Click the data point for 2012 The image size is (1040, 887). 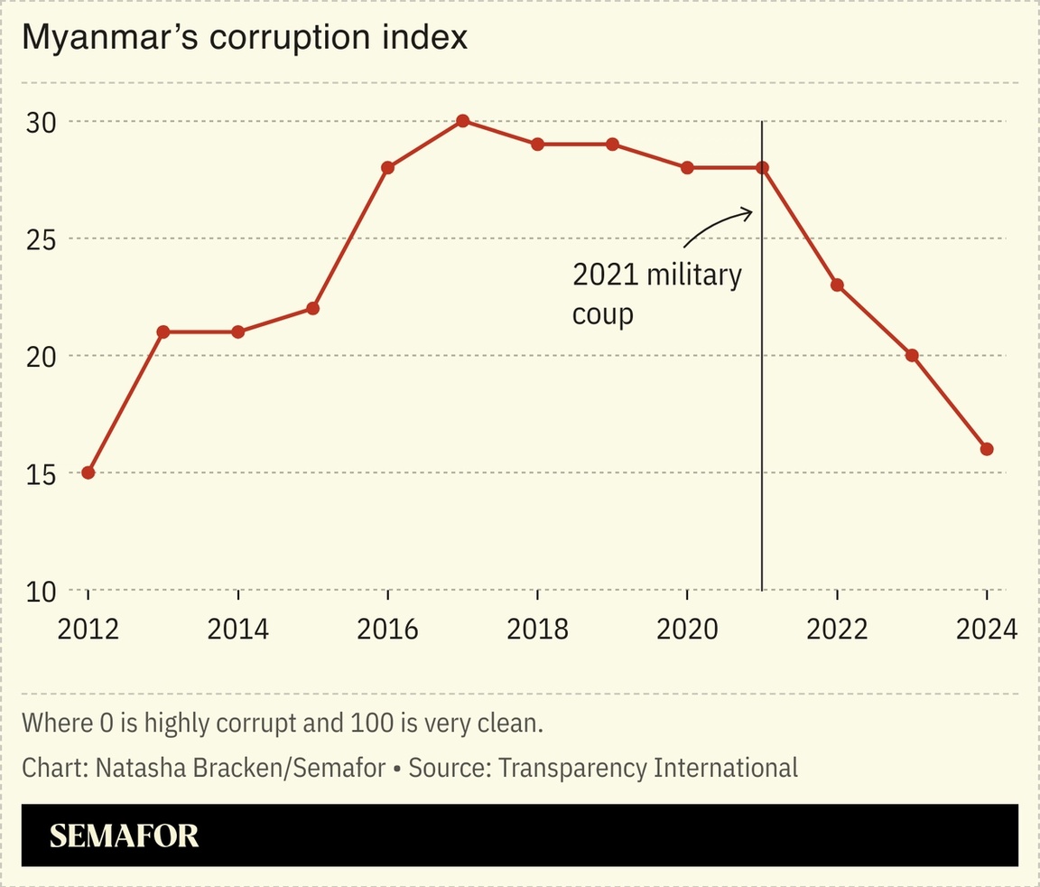(88, 472)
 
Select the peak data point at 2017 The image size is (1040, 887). (463, 121)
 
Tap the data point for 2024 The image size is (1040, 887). (987, 449)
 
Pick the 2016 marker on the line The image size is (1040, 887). (388, 168)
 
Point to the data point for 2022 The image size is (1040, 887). (837, 285)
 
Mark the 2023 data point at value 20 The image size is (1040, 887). (912, 355)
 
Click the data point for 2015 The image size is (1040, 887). (313, 308)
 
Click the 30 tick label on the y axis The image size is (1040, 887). (41, 122)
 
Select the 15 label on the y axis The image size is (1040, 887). (41, 473)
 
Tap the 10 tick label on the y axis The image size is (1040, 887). (41, 592)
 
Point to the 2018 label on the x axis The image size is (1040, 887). (537, 629)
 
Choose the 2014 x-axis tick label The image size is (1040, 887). (237, 629)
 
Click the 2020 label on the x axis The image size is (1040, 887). (687, 629)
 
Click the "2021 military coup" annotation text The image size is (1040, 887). (656, 294)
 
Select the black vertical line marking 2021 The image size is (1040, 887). (763, 406)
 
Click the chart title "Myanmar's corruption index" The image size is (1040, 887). (245, 38)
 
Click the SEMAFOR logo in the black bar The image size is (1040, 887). (124, 836)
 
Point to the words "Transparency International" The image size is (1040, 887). (648, 768)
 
